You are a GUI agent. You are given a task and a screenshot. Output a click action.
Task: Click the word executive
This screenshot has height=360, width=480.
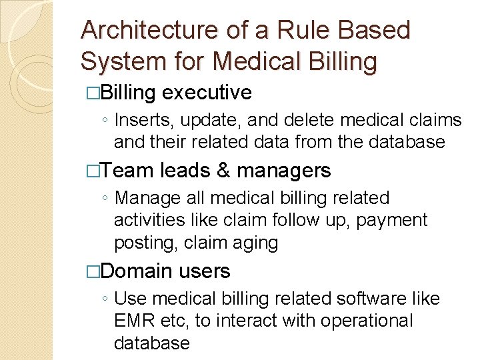207,93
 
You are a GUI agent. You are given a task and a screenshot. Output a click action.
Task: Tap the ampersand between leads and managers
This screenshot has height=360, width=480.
223,171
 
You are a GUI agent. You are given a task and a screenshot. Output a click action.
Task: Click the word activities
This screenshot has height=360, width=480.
153,220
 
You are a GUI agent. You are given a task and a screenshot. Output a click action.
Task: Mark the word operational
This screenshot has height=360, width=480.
367,321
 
